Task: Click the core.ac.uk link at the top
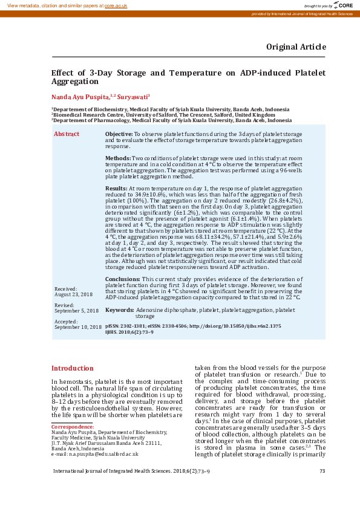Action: coord(116,5)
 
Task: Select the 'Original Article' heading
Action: coord(296,47)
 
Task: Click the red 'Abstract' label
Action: coord(67,134)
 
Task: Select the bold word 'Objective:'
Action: coord(119,133)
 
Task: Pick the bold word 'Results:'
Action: coord(116,189)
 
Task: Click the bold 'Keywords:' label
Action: coord(119,310)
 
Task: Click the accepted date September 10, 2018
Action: coord(78,326)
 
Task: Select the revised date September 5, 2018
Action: coord(76,311)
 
